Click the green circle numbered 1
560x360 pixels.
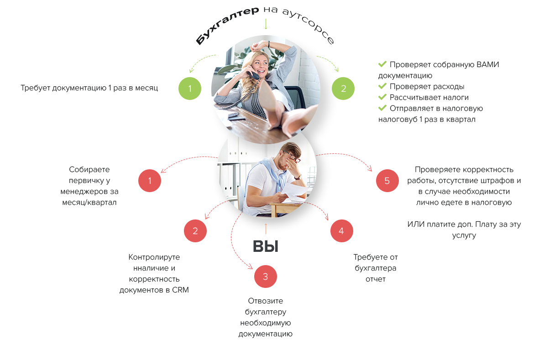pos(190,89)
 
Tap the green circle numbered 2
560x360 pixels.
pos(344,89)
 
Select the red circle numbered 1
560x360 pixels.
pos(150,181)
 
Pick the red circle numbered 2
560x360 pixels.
pos(195,231)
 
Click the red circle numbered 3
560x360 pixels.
pos(266,277)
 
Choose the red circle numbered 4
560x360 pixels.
pos(341,231)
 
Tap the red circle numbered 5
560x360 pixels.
pos(387,181)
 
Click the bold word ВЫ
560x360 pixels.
pos(266,246)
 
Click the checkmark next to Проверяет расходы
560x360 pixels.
pos(382,86)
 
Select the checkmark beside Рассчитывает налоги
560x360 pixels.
pos(382,97)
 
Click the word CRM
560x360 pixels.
pos(180,290)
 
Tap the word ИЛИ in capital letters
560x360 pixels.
pos(416,224)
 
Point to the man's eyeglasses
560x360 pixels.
pos(293,159)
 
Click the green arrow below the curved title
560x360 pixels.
pos(266,24)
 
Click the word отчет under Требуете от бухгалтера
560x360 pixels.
pos(376,279)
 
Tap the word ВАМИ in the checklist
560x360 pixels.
pos(487,64)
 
